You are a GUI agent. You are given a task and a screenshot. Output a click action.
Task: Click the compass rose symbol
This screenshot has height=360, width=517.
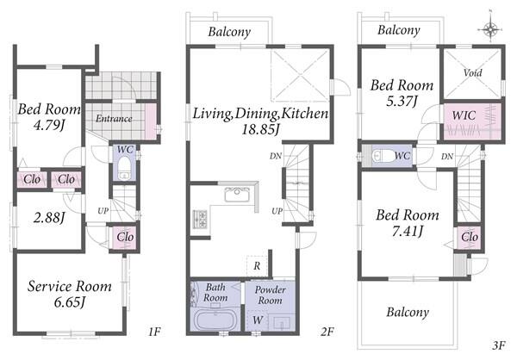click(x=490, y=29)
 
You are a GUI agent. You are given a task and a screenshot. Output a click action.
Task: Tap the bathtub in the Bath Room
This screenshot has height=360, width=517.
click(x=215, y=320)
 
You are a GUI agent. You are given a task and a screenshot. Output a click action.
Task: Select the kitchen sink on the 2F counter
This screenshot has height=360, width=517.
click(x=238, y=194)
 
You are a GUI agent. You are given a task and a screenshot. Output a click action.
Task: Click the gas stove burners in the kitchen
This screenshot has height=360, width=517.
click(x=200, y=220)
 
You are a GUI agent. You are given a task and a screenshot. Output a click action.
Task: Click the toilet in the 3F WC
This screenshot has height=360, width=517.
click(x=383, y=155)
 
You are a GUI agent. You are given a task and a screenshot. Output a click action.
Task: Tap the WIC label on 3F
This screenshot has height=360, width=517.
click(x=464, y=115)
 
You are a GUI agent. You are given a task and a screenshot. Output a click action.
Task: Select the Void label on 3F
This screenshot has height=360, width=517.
click(x=472, y=72)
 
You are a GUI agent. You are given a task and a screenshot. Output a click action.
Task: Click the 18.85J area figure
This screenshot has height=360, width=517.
click(x=260, y=129)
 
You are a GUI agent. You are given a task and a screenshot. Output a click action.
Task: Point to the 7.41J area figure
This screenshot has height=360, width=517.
click(x=408, y=232)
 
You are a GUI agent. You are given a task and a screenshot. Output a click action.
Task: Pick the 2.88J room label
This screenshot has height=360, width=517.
click(x=49, y=218)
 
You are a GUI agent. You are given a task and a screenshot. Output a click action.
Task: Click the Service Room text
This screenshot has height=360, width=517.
click(x=69, y=286)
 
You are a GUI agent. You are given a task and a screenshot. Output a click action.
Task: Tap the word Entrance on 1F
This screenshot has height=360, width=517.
click(x=114, y=118)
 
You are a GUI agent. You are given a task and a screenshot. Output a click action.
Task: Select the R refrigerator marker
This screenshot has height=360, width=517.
click(x=257, y=266)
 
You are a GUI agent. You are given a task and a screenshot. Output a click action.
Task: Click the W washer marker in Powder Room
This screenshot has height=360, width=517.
click(x=258, y=320)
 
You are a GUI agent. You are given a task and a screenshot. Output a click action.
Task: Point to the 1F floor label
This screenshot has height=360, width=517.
click(x=154, y=331)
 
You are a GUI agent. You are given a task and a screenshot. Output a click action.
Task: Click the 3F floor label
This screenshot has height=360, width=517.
click(x=499, y=345)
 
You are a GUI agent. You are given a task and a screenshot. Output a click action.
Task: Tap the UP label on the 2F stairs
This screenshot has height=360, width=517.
click(x=277, y=210)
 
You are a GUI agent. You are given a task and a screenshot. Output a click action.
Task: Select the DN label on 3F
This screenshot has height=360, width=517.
click(x=447, y=156)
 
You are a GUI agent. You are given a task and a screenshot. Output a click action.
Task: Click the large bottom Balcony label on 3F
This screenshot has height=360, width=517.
click(x=408, y=312)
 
